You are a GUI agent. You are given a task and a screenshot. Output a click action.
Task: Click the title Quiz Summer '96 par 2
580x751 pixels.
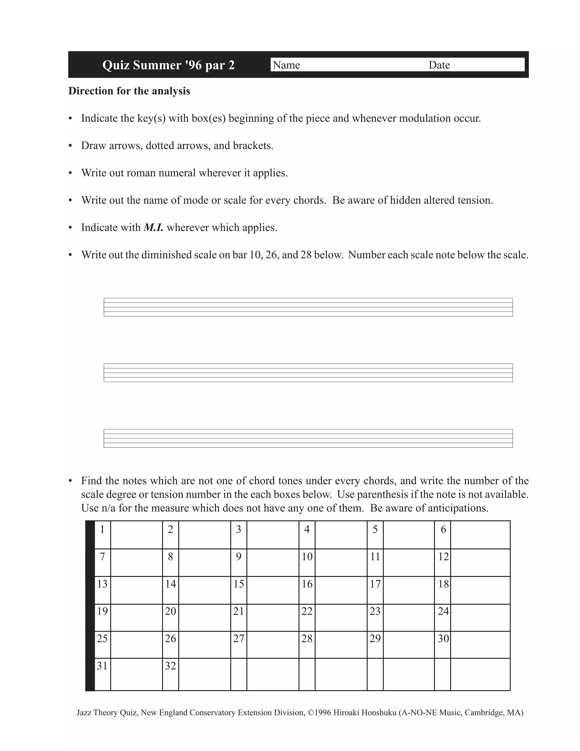169,65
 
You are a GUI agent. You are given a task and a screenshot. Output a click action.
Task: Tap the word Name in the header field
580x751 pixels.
286,65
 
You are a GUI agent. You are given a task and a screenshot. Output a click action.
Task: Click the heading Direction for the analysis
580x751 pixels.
129,91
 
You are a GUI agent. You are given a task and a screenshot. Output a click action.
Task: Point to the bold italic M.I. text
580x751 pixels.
153,228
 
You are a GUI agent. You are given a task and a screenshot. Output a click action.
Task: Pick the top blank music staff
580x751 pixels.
308,307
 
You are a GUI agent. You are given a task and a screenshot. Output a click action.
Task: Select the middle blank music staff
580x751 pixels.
308,373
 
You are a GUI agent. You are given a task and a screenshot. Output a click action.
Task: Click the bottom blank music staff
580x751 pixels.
308,438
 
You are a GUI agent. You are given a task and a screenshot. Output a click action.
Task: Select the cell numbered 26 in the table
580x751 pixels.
170,638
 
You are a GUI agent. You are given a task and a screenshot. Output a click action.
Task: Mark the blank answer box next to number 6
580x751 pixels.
480,535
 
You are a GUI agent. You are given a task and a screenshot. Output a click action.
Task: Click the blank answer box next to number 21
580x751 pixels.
272,618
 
